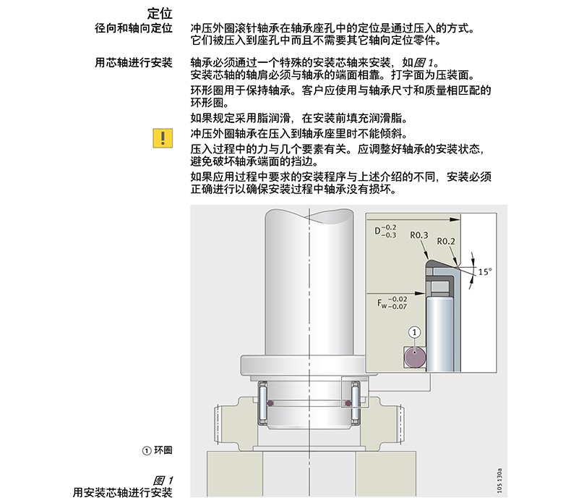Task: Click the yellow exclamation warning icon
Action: pyautogui.click(x=163, y=138)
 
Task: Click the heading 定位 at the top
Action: pyautogui.click(x=160, y=14)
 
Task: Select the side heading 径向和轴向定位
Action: pyautogui.click(x=134, y=28)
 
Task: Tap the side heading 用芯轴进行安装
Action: pyautogui.click(x=134, y=62)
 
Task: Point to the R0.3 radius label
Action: pyautogui.click(x=419, y=235)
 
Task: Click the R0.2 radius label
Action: pyautogui.click(x=446, y=241)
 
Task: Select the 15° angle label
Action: pyautogui.click(x=485, y=271)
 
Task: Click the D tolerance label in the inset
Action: pyautogui.click(x=386, y=232)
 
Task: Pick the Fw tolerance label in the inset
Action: pyautogui.click(x=392, y=303)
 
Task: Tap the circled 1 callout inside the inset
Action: pyautogui.click(x=414, y=332)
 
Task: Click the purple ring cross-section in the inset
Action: pyautogui.click(x=415, y=356)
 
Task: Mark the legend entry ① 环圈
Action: pyautogui.click(x=157, y=450)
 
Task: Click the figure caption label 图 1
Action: pyautogui.click(x=163, y=481)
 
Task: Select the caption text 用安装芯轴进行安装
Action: pyautogui.click(x=123, y=492)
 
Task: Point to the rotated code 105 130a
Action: pyautogui.click(x=499, y=481)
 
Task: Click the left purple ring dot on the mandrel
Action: pyautogui.click(x=270, y=403)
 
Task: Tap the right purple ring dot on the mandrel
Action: pyautogui.click(x=348, y=403)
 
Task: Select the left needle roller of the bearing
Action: pyautogui.click(x=263, y=402)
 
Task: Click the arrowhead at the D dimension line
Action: pyautogui.click(x=455, y=219)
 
